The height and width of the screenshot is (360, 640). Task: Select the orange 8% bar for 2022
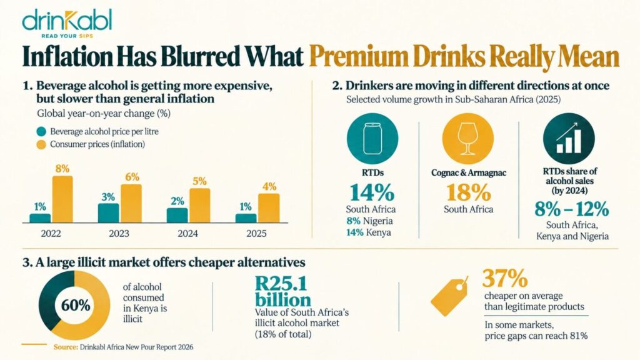coord(62,199)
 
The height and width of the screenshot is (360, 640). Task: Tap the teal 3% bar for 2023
coord(108,213)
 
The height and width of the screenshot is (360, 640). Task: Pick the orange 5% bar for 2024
coord(199,206)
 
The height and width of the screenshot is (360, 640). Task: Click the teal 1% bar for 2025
coord(246,218)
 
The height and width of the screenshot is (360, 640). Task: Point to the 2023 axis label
coord(119,234)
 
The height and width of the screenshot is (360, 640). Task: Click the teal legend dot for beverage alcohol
coord(41,131)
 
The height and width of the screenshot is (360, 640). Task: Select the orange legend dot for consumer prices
coord(41,144)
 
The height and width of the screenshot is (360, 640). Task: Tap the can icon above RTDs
coord(372,139)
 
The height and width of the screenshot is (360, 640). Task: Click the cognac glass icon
coord(467,139)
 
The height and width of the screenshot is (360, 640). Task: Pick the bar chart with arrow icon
coord(569,139)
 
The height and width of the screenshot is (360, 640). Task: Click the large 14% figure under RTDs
coord(372,192)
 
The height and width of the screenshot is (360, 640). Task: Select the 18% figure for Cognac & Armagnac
coord(468,192)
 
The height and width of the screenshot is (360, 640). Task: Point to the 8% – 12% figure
coord(571,209)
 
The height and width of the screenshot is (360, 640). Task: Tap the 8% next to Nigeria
coord(354,221)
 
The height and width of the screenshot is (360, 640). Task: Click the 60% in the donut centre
coord(76,305)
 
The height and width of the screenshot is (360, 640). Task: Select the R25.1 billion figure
coord(283,291)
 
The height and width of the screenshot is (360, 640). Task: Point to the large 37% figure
coord(505,278)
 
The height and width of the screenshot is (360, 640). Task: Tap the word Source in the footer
coord(66,347)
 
